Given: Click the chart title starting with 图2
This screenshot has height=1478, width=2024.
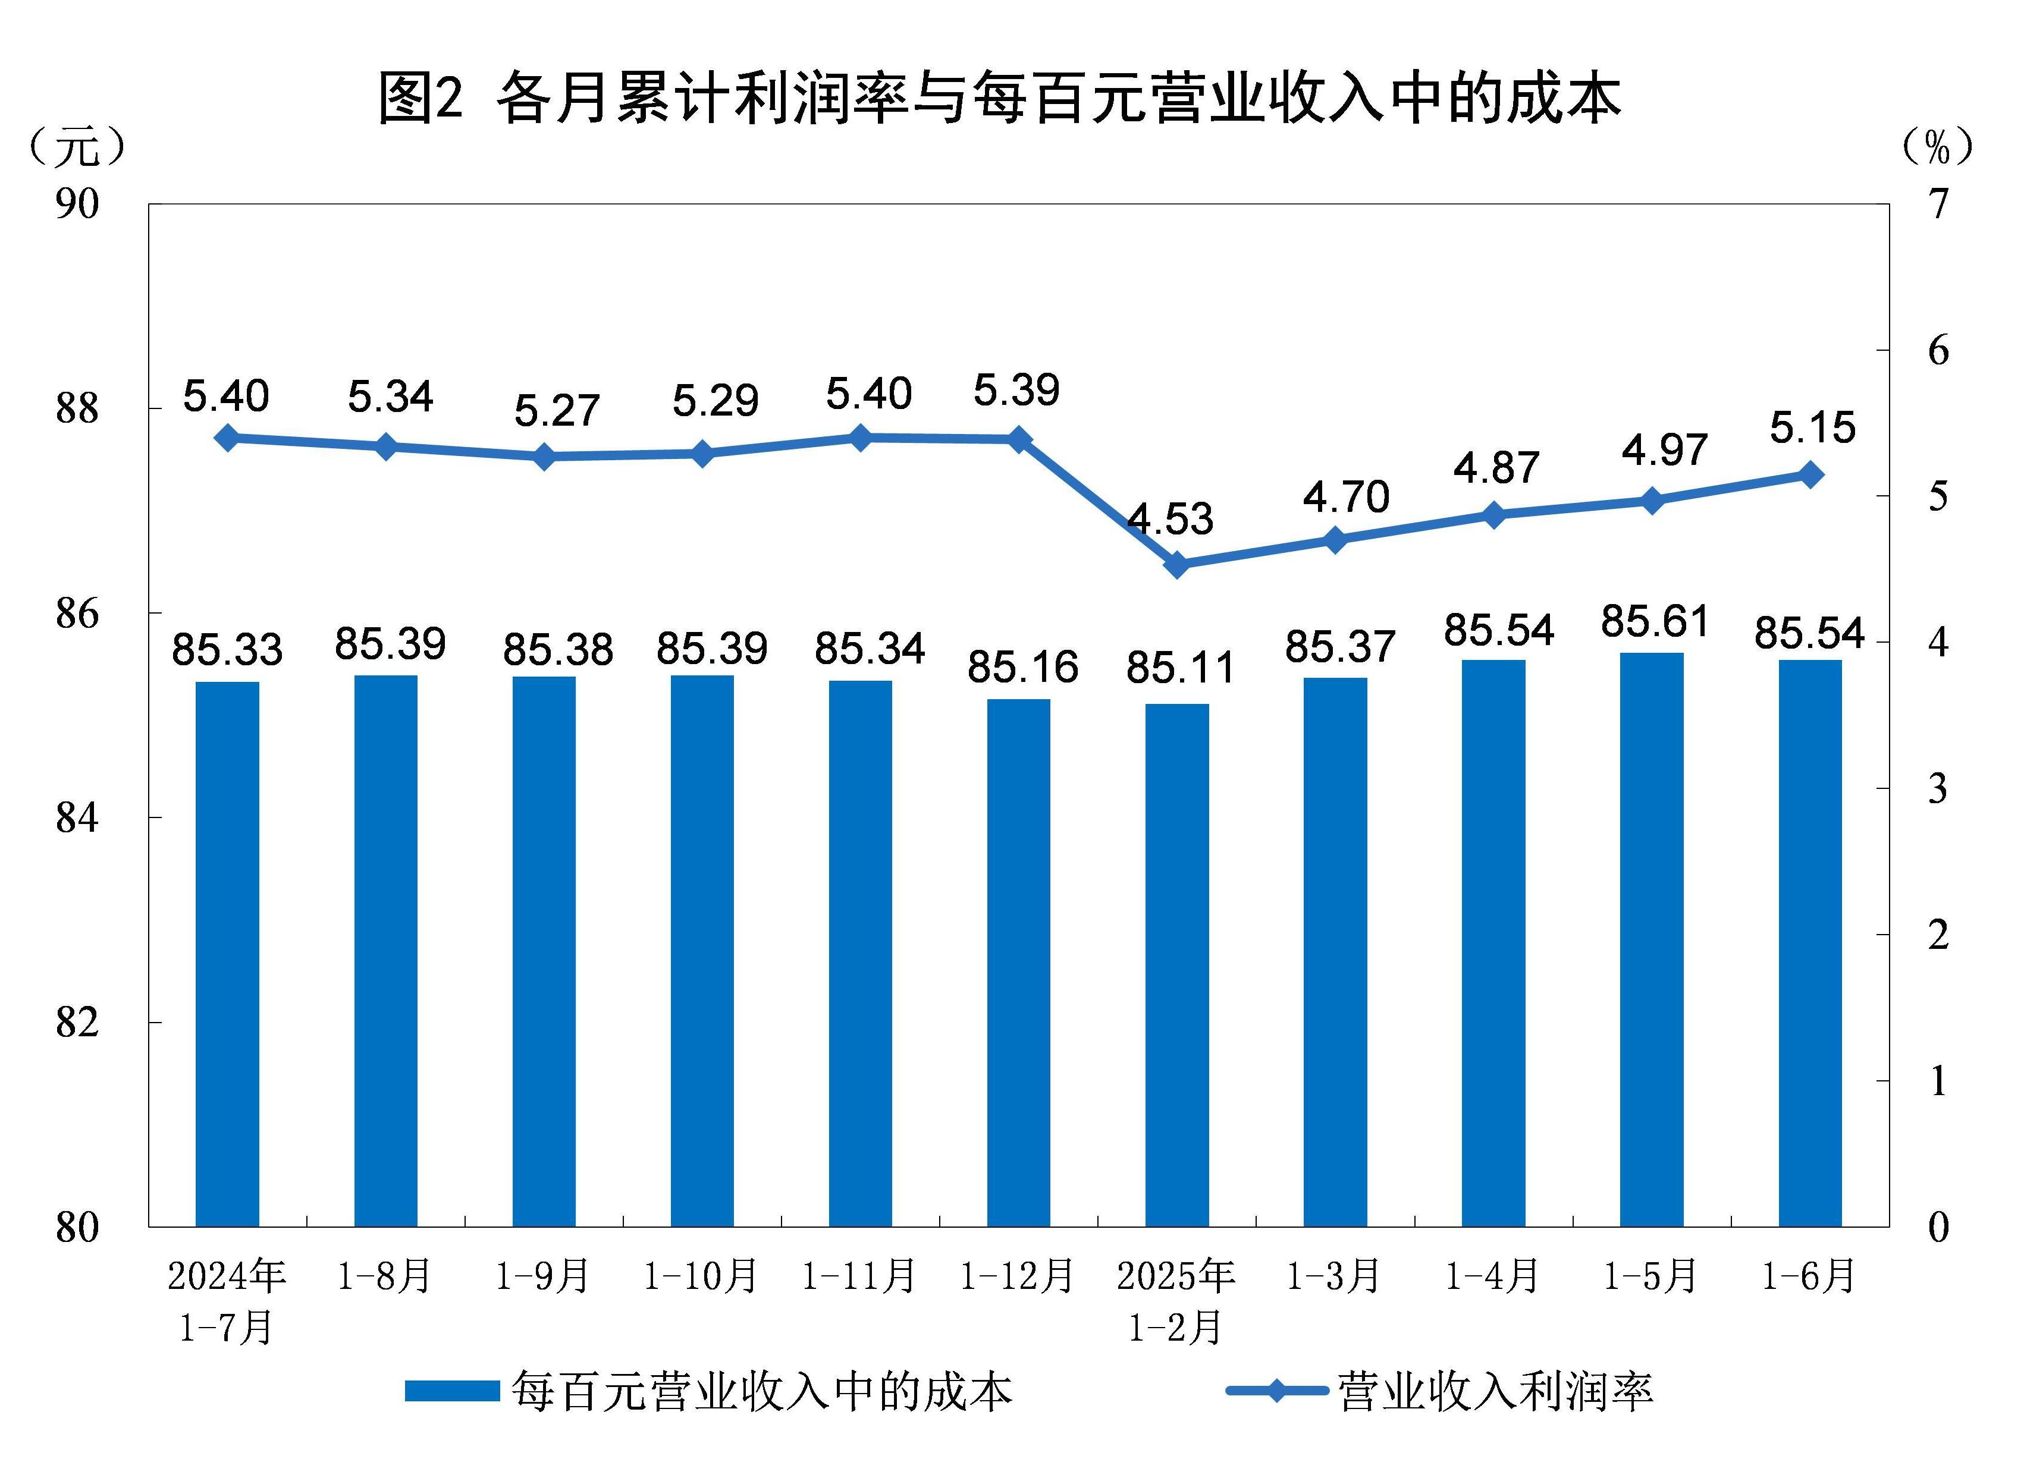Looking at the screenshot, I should coord(999,97).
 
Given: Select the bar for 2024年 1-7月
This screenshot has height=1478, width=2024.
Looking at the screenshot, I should coord(227,953).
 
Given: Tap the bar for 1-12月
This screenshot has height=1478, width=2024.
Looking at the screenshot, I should coord(1018,962).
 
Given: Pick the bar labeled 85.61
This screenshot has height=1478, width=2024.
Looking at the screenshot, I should coord(1651,939).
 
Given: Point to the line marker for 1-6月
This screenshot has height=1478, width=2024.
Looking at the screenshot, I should coord(1810,475).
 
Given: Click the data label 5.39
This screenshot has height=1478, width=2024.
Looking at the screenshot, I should coord(1016,390).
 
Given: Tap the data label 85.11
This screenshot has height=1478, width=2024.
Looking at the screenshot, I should coord(1179,668).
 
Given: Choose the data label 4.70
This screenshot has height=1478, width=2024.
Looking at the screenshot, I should coord(1345,498).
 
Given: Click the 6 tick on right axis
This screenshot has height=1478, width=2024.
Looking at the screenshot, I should coord(1937,351).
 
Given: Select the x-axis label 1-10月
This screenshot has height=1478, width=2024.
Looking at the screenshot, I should coord(701,1276).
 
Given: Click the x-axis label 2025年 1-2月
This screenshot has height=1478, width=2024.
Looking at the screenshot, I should coord(1176,1301).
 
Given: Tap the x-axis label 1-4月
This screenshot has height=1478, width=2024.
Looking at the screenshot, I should coord(1492,1276).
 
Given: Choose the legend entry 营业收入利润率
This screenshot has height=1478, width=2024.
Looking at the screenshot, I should coord(1441,1391).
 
